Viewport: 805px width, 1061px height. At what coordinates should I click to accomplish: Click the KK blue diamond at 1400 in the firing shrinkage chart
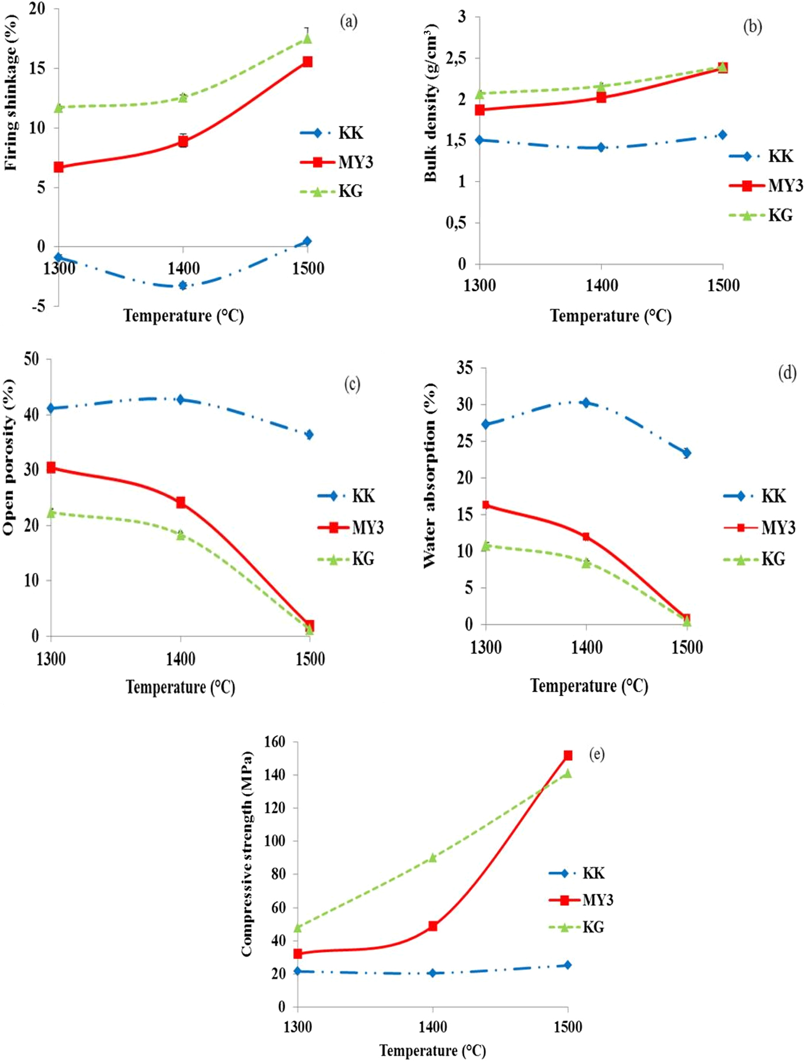tap(183, 285)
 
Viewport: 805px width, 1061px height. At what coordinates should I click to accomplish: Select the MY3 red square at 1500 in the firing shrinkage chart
tap(307, 62)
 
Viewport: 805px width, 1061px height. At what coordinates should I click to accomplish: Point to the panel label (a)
tap(348, 22)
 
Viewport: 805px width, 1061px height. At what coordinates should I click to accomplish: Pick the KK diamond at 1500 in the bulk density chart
tap(723, 135)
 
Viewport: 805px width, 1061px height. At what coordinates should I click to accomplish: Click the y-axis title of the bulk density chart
tap(431, 104)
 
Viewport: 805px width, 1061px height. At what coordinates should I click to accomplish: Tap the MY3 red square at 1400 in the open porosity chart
tap(181, 502)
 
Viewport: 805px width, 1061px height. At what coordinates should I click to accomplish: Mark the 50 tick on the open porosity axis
tap(32, 359)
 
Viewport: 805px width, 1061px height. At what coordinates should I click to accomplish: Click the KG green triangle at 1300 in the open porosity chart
tap(51, 512)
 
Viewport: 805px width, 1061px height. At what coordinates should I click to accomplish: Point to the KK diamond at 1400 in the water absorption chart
tap(586, 403)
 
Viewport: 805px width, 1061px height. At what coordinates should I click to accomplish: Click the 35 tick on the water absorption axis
tap(464, 368)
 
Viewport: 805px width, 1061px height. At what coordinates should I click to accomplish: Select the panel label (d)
tap(787, 373)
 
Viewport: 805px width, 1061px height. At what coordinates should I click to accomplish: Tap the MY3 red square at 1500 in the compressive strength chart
tap(568, 755)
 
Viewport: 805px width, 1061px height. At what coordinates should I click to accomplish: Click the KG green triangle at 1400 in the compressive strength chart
tap(432, 857)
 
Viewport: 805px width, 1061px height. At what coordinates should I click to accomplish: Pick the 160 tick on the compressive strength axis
tap(274, 742)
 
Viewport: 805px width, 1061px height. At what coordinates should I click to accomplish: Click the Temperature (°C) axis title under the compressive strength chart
tap(432, 1050)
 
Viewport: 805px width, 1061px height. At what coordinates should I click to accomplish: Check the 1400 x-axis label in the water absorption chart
tap(586, 647)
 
